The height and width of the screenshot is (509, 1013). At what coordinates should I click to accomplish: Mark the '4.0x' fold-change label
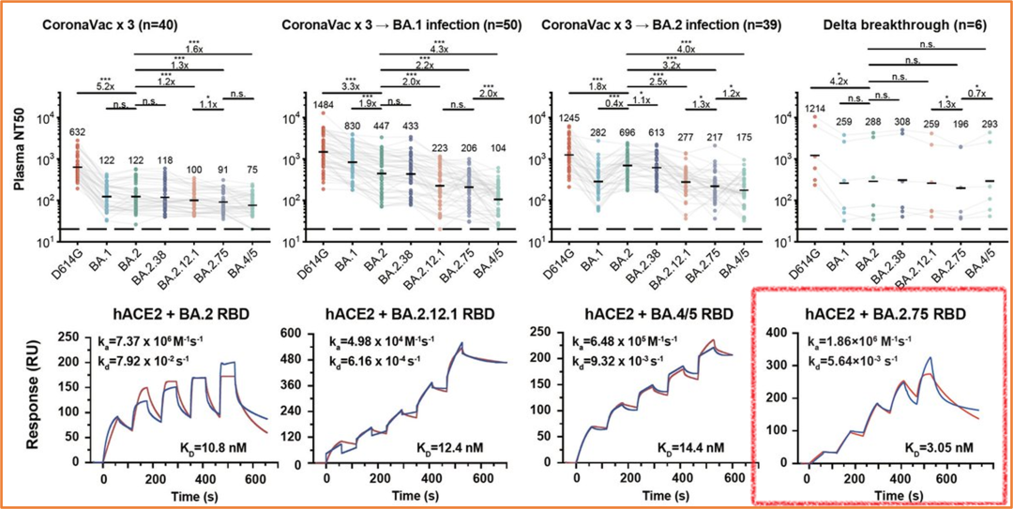pos(686,48)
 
